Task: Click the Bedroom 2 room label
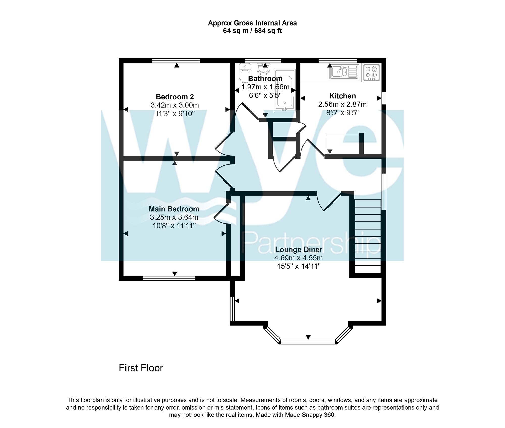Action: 175,97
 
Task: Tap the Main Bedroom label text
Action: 174,209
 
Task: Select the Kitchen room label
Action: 342,96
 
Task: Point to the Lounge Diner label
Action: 298,250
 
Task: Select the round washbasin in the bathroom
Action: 264,68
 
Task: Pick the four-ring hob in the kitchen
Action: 371,72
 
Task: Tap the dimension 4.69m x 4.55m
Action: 298,258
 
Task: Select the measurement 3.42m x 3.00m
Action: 175,105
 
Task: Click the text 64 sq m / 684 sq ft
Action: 252,31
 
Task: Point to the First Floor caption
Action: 141,368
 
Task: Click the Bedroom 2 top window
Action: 176,61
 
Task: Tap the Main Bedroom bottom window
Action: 169,278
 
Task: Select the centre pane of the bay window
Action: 308,342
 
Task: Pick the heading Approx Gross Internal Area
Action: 252,23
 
